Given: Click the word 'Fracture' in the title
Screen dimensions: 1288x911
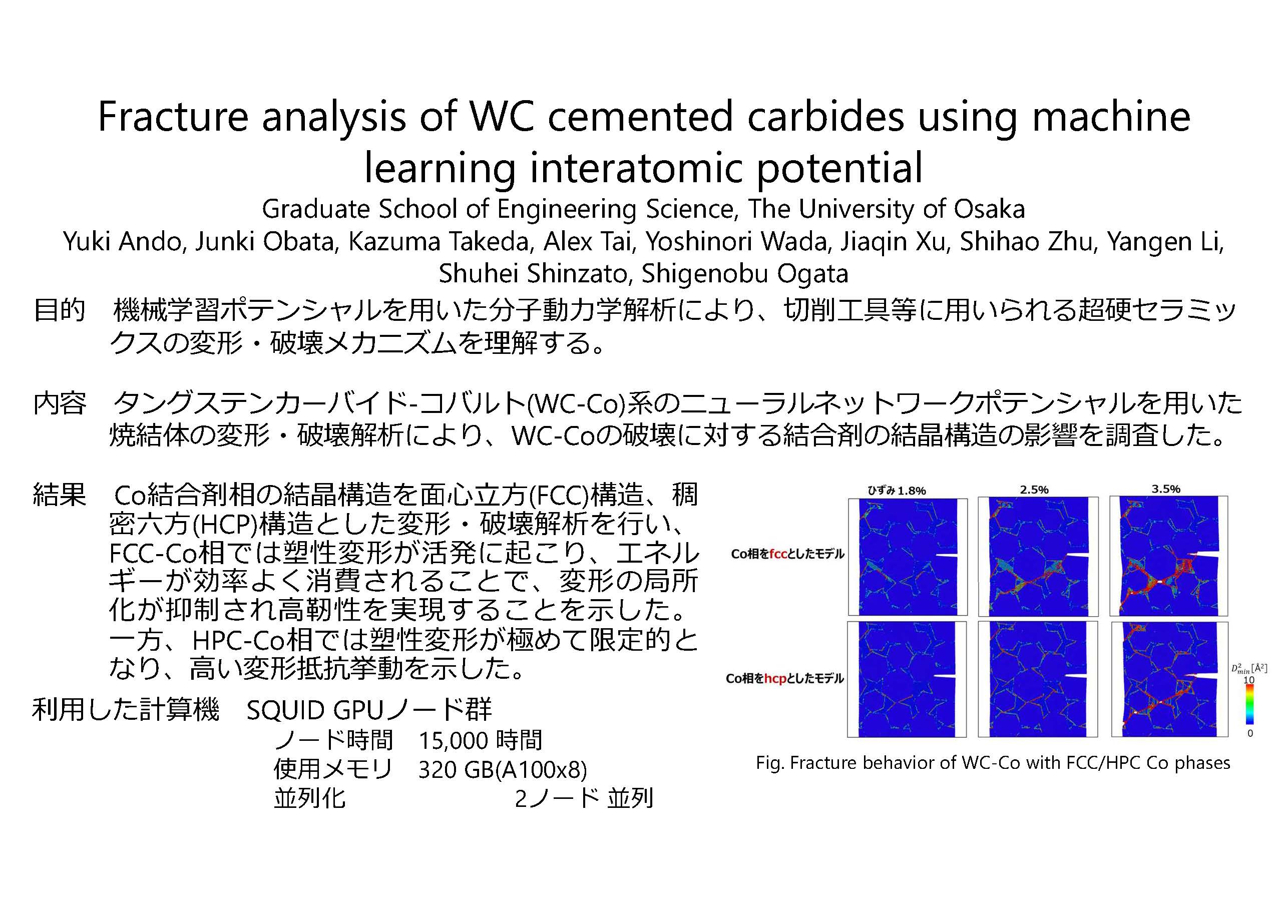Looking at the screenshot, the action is pos(173,116).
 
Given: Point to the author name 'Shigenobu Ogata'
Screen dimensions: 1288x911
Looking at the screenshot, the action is pos(745,274).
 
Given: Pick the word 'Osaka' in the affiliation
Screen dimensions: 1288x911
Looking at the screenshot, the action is pos(990,209).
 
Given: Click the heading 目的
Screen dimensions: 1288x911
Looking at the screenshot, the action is pos(60,310).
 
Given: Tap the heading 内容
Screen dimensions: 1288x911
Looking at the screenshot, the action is pos(60,403).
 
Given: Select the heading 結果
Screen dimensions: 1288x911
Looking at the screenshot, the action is pos(60,495).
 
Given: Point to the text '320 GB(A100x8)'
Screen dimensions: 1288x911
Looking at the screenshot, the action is pos(503,770).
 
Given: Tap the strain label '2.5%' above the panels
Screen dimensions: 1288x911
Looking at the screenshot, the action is pos(1034,490).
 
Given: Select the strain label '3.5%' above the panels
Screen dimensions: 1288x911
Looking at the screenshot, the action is pos(1166,489).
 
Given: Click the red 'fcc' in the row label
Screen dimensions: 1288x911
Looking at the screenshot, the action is pos(780,554).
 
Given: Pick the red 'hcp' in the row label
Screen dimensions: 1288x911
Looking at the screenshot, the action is pos(776,679).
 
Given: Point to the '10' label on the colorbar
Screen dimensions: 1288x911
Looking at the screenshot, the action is pos(1249,680).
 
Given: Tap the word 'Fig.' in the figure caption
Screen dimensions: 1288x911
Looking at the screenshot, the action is pos(770,763).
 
